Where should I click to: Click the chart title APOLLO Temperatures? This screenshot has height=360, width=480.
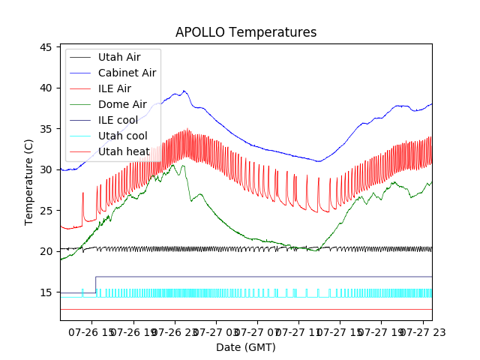tap(246, 32)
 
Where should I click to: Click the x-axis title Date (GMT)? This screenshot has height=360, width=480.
tap(246, 347)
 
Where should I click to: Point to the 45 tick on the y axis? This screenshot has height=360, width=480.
tap(45, 47)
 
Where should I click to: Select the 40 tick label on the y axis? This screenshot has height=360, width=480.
tap(45, 88)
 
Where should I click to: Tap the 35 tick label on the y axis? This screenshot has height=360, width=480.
tap(45, 129)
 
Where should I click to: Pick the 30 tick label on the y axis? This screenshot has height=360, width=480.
tap(45, 169)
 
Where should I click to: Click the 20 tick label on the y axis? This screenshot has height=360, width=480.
tap(45, 251)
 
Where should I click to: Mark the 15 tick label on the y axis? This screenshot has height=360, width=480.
tap(45, 292)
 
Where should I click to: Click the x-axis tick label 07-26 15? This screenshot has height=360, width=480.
tap(91, 331)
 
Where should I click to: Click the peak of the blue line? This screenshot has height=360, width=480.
tap(184, 91)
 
